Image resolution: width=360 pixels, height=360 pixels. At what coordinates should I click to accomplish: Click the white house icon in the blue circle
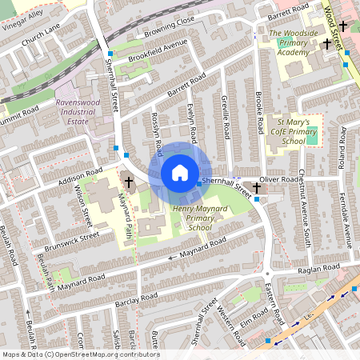(180, 172)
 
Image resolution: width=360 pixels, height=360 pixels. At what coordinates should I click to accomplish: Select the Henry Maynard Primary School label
(193, 217)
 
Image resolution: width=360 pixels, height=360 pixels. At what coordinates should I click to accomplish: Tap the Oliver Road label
(282, 181)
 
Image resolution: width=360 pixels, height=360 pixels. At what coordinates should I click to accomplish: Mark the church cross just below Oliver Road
(257, 188)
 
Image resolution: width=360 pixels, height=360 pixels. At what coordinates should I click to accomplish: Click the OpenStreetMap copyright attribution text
(81, 354)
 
